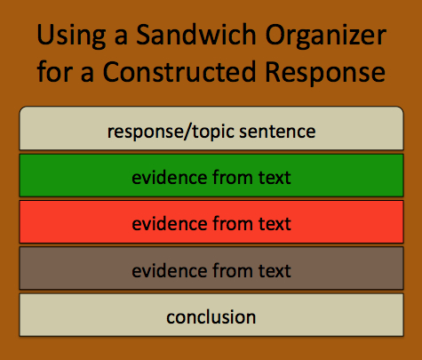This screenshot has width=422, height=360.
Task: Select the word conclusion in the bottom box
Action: click(x=211, y=316)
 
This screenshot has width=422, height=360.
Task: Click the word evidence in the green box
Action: click(x=165, y=178)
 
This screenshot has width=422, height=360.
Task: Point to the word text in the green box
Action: click(x=275, y=178)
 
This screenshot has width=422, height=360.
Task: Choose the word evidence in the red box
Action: click(x=165, y=224)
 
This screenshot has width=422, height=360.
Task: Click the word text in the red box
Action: click(x=275, y=224)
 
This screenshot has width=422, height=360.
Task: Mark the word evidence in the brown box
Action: click(x=165, y=270)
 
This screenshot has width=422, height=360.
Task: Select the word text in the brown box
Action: click(x=275, y=270)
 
